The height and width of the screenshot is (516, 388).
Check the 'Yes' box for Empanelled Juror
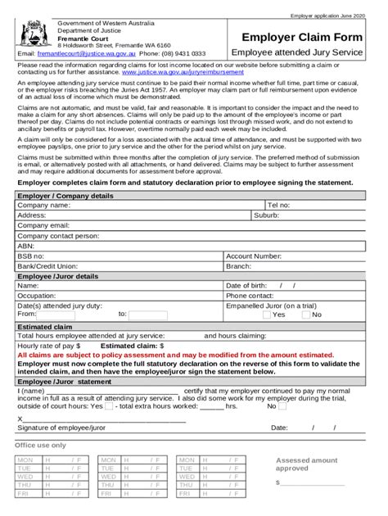click(266, 315)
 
